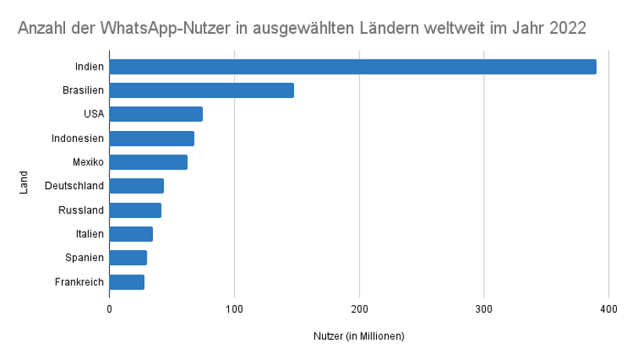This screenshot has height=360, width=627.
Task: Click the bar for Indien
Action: (353, 67)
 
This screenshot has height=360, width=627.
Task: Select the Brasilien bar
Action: (201, 90)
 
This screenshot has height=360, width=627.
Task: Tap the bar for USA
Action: (156, 115)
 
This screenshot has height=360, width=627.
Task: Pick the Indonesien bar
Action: (151, 139)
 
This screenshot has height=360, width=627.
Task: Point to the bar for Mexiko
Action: (148, 162)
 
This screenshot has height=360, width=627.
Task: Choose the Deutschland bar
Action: (136, 186)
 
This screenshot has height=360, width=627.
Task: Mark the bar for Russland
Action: (135, 210)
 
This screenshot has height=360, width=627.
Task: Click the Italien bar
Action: (131, 234)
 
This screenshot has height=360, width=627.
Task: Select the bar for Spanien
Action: (128, 258)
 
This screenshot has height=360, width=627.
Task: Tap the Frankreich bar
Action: (126, 282)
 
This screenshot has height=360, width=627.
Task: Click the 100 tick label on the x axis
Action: (234, 311)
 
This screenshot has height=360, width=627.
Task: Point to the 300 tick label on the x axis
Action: (484, 311)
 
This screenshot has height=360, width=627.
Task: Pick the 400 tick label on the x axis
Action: (608, 311)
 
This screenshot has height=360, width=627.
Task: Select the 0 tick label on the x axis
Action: (109, 311)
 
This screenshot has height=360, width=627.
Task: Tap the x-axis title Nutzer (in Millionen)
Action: (358, 336)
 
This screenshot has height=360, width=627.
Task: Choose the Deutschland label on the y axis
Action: (74, 186)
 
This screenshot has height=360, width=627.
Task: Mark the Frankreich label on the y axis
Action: (79, 282)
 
